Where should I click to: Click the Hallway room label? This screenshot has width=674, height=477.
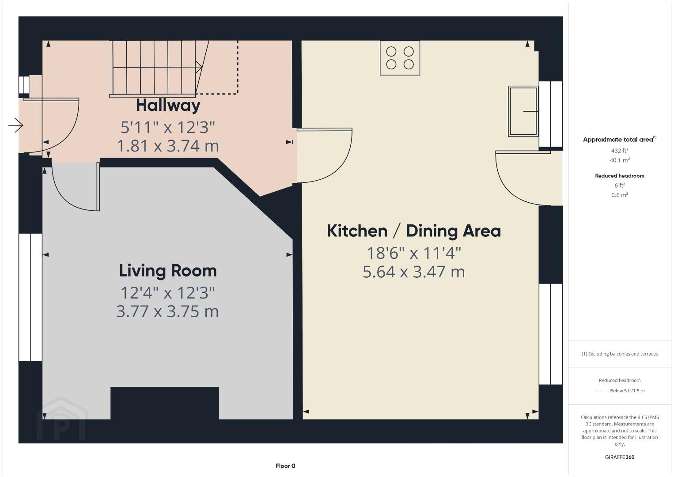pos(168,106)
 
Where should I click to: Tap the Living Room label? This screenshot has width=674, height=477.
pos(168,271)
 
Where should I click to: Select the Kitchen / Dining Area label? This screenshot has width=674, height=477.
pos(414,231)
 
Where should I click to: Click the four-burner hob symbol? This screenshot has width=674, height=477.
pos(400,58)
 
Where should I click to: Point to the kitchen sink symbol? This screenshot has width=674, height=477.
pos(523,111)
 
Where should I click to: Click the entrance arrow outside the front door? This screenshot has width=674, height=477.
pos(15,125)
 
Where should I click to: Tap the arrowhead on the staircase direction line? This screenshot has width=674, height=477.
pos(199,67)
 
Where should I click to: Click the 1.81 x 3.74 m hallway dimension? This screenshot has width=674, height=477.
pos(168,146)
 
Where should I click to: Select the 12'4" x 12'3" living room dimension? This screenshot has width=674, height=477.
pos(168,293)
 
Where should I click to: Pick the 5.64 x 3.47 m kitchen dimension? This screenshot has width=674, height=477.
pos(414,272)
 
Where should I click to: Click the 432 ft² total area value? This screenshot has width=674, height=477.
pos(620,151)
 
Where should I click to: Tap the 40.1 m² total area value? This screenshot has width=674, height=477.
pos(620,160)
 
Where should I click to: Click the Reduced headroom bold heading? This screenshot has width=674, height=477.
pos(620,176)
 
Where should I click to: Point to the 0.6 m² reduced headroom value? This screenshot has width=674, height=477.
pos(620,195)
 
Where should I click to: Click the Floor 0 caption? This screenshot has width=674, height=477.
pos(285,466)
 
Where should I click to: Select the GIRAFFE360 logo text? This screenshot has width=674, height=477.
pos(620,457)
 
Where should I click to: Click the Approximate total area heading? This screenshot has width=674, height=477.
pos(620,139)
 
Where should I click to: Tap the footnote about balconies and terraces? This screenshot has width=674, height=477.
pos(620,354)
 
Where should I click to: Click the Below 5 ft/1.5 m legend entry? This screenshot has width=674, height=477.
pos(627,390)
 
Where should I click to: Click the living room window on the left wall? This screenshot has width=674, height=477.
pos(30,297)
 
